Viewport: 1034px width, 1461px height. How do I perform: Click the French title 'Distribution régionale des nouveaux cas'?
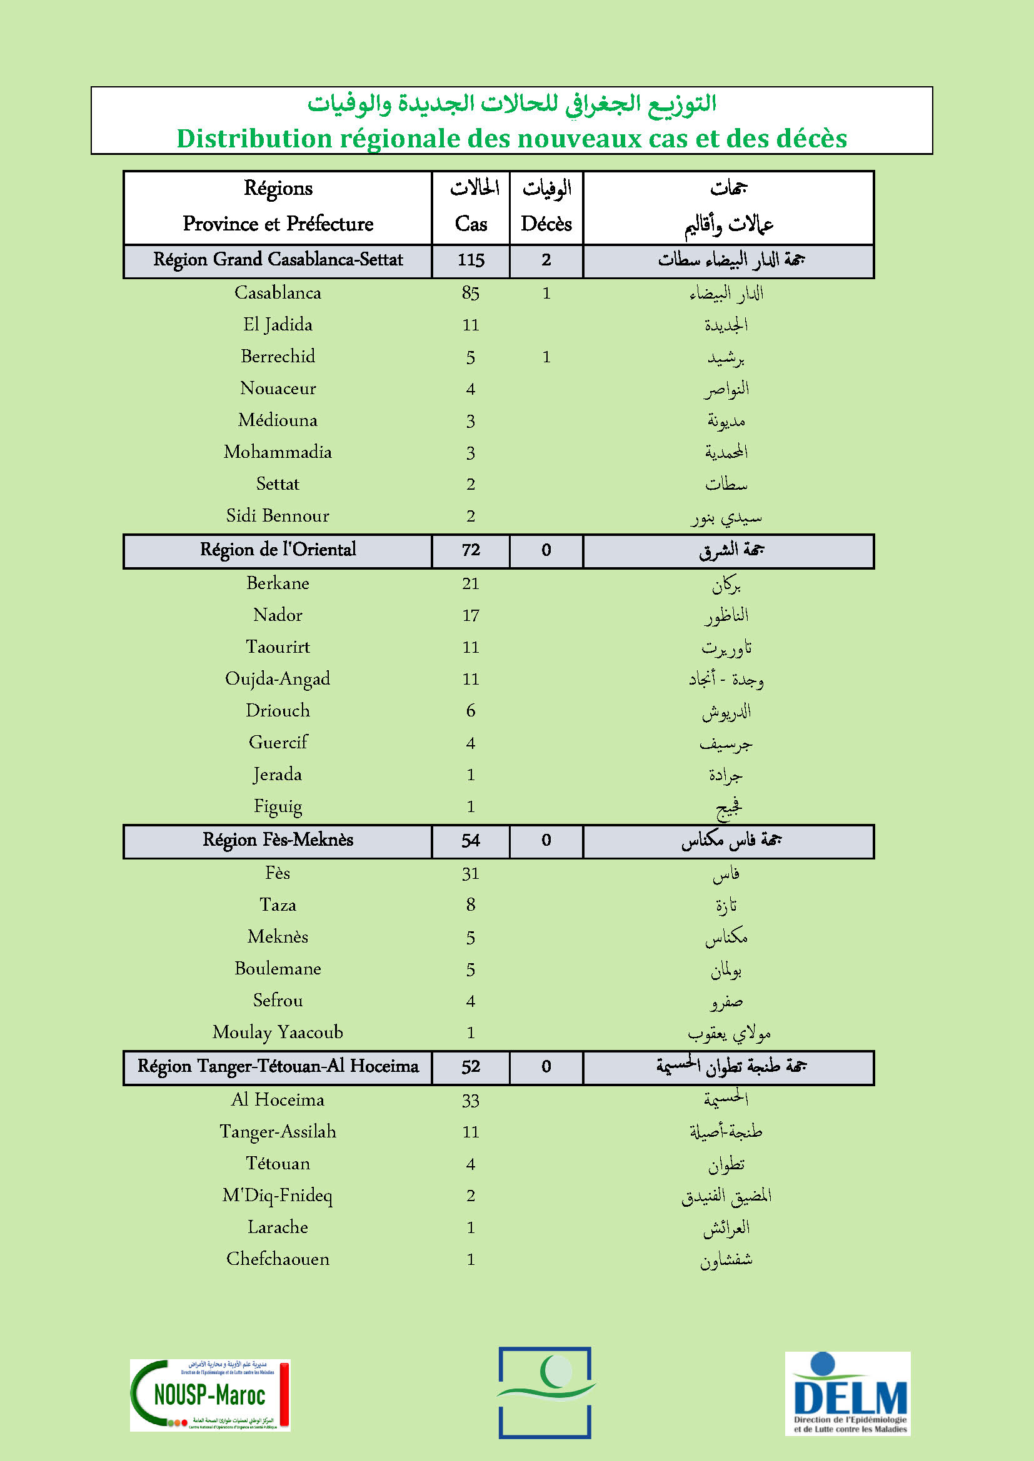pos(511,139)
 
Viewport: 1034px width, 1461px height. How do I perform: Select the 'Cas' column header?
pos(471,224)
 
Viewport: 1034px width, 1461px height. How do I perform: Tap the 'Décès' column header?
pos(546,224)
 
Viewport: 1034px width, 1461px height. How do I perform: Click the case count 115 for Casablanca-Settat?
pos(471,260)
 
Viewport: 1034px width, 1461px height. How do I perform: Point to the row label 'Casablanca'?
pos(278,293)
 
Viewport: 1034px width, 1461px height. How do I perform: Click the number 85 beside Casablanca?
pos(471,293)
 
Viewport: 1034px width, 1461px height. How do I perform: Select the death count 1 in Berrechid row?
pos(546,356)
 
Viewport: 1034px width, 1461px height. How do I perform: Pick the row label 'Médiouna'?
pos(278,420)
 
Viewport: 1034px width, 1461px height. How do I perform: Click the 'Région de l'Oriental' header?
pos(278,550)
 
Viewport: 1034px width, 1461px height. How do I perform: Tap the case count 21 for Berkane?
pos(471,583)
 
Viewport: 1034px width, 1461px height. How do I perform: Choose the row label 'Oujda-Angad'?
pos(278,679)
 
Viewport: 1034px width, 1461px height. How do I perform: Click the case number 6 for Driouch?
pos(471,711)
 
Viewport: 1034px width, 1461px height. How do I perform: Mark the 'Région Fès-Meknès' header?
pos(278,840)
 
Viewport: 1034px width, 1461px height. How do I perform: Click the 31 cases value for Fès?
pos(471,873)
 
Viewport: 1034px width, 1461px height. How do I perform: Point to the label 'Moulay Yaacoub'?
pos(278,1032)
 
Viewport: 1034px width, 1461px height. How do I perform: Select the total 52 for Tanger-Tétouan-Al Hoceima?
pos(471,1066)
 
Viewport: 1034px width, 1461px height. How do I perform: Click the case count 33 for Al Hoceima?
pos(471,1100)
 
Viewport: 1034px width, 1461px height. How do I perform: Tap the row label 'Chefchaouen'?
pos(278,1259)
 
